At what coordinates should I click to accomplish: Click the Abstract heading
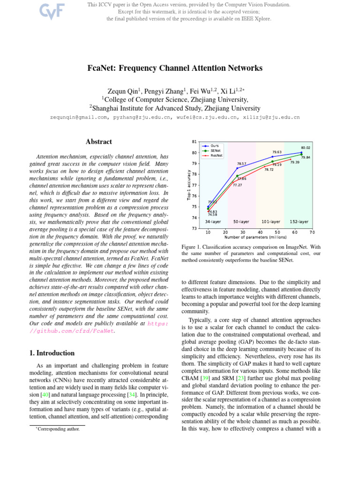pos(98,142)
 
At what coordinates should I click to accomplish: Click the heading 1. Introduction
pos(50,353)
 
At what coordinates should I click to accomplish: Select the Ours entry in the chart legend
pos(215,146)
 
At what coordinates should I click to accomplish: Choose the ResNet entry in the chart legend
pos(216,155)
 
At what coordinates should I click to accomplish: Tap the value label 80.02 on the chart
pos(306,148)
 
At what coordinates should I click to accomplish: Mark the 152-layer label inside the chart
pos(299,221)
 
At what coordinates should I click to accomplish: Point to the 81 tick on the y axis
pos(194,142)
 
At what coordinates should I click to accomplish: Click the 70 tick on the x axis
pos(312,232)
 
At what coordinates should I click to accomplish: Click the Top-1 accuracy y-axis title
pos(188,185)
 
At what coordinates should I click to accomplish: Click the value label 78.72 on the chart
pos(269,170)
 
